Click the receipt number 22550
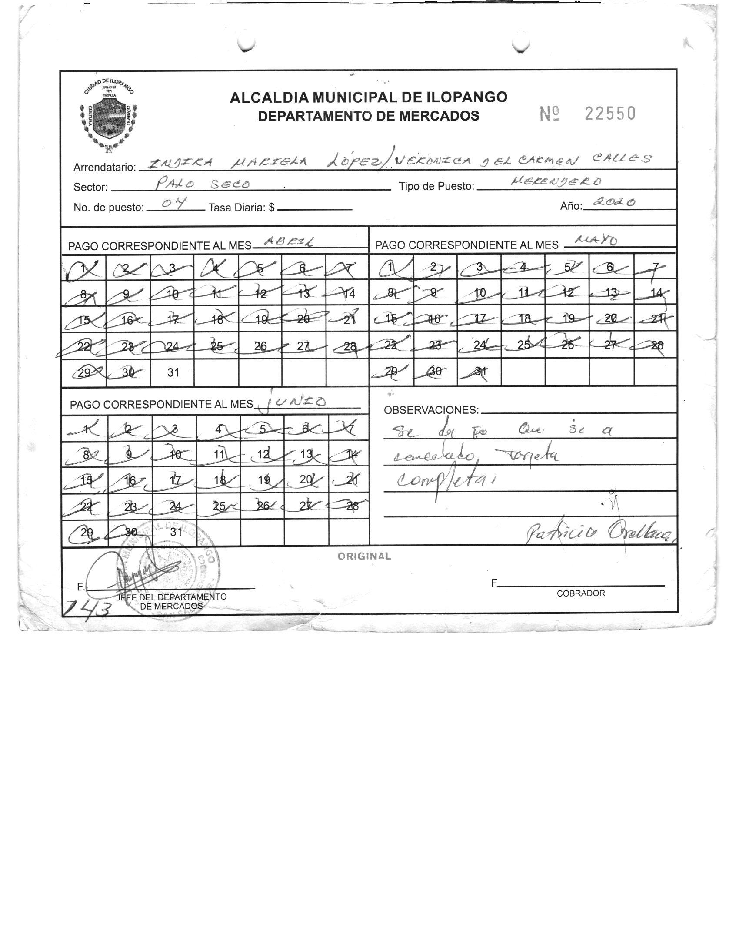click(x=610, y=114)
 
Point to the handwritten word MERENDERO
click(x=557, y=181)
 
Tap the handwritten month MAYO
click(x=596, y=240)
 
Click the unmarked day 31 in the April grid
click(x=173, y=372)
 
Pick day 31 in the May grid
click(x=480, y=371)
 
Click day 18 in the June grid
click(x=219, y=480)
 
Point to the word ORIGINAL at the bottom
click(x=364, y=556)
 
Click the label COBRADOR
click(x=581, y=593)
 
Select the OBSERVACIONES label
click(x=431, y=410)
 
